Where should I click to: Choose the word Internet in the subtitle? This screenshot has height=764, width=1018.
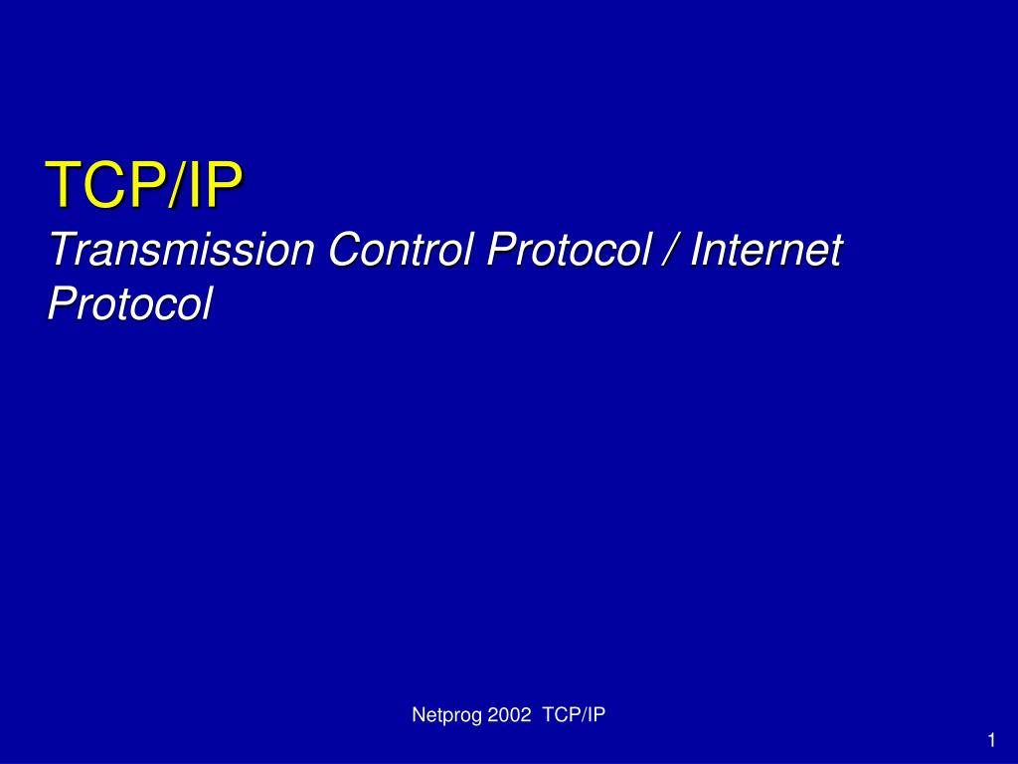tap(766, 249)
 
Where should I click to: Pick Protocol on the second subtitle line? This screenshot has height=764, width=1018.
tap(130, 304)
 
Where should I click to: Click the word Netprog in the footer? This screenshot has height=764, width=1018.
tap(447, 715)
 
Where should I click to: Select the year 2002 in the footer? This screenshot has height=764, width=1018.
tap(510, 714)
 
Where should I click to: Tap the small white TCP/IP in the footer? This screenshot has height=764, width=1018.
tap(574, 714)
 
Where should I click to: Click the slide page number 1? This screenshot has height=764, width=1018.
tap(991, 740)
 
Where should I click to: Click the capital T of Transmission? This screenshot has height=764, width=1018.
tap(64, 249)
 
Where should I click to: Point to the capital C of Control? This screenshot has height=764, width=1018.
tap(347, 249)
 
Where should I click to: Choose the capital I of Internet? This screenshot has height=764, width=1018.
tap(697, 249)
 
